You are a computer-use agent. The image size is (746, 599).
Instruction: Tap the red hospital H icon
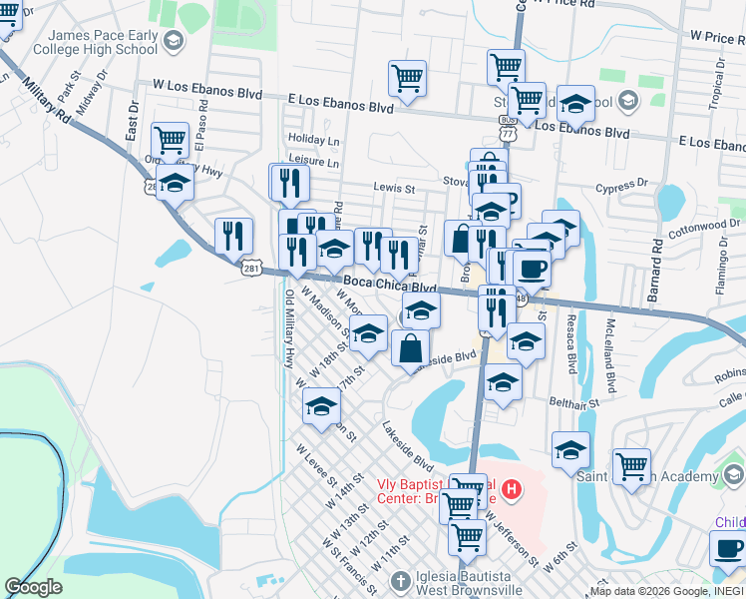coord(512,488)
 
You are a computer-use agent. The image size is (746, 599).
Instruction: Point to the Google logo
coord(33,587)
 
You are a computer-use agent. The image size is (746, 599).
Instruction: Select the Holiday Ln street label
coord(313,140)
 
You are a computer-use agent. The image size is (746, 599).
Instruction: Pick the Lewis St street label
coord(394,188)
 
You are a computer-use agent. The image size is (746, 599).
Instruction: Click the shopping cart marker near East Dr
coord(171,140)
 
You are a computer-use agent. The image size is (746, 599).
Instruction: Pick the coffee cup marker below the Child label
coord(727,547)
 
